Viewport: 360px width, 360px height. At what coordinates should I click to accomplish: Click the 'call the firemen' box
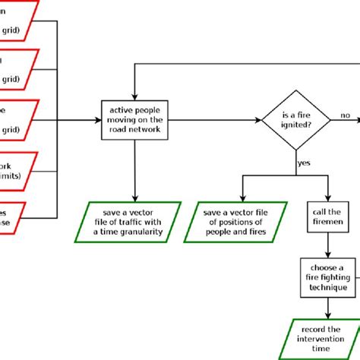(328, 217)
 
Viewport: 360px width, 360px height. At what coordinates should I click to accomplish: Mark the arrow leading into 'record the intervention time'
(328, 308)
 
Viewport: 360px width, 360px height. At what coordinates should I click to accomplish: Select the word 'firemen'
(328, 223)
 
